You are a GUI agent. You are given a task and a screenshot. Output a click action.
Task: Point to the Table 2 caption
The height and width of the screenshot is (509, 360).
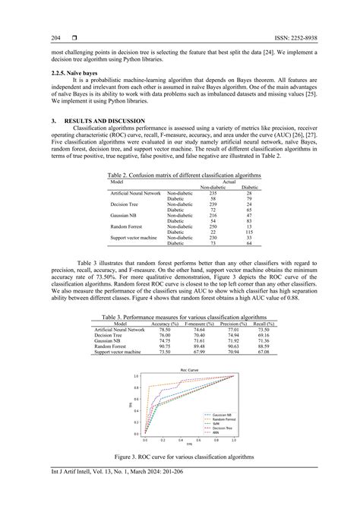coord(179,174)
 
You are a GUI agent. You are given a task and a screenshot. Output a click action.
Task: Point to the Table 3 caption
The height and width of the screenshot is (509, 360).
coord(180,315)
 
